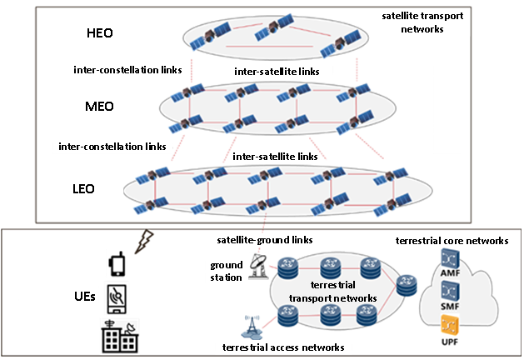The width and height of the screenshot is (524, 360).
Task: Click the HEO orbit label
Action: [x=100, y=33]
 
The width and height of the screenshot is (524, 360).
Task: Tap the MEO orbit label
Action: [x=99, y=107]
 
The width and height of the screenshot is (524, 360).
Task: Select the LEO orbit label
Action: [x=83, y=189]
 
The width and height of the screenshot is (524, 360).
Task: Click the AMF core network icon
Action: [x=450, y=258]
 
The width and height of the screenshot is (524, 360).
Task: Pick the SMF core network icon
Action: [x=450, y=291]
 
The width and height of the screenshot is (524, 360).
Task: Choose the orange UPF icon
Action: [x=450, y=324]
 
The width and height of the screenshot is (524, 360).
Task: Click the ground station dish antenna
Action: [x=258, y=267]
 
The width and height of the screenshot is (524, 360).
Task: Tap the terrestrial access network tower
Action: [x=252, y=326]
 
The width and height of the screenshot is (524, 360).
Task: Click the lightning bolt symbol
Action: [x=144, y=242]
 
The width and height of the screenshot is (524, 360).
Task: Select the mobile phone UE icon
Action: [x=117, y=264]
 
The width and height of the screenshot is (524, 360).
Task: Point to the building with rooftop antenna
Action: [x=120, y=337]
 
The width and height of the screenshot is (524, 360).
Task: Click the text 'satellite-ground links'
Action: [x=265, y=240]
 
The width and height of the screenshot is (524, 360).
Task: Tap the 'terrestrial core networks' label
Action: [x=452, y=241]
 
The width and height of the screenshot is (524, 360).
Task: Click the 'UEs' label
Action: [x=85, y=296]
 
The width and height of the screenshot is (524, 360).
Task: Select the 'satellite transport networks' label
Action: [x=422, y=22]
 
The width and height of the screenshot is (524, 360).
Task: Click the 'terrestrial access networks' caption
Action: [x=283, y=347]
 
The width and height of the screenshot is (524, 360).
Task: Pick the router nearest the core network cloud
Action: [x=407, y=285]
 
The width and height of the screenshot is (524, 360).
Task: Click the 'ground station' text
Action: [x=227, y=271]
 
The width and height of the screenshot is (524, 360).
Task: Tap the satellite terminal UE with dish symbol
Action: [x=117, y=299]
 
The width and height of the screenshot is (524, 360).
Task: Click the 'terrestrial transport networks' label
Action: [x=333, y=292]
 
